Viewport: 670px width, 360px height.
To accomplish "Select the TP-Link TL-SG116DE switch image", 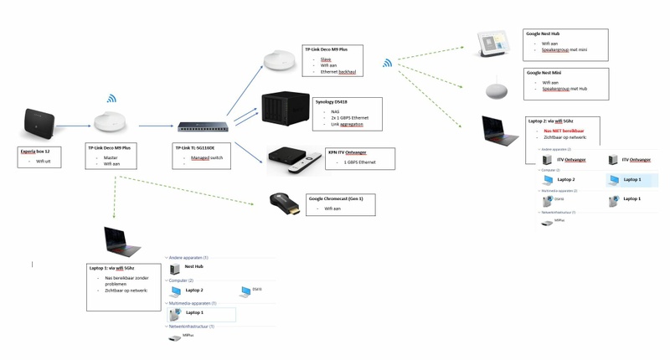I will tap(204, 127).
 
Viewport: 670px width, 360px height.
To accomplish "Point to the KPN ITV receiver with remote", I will tap(293, 160).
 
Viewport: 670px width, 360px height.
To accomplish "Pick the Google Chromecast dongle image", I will tap(285, 203).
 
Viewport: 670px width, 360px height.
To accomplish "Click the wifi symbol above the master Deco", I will tap(111, 99).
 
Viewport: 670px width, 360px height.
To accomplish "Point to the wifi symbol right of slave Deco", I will tap(388, 63).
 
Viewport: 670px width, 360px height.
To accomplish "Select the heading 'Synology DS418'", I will tap(331, 101).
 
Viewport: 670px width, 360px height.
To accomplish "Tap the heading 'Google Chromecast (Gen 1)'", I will tap(341, 198).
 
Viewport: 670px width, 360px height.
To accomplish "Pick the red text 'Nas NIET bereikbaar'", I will tap(564, 130).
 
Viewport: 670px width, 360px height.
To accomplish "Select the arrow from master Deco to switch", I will tap(155, 126).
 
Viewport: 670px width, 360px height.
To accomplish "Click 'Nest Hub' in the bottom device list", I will tap(194, 266).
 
